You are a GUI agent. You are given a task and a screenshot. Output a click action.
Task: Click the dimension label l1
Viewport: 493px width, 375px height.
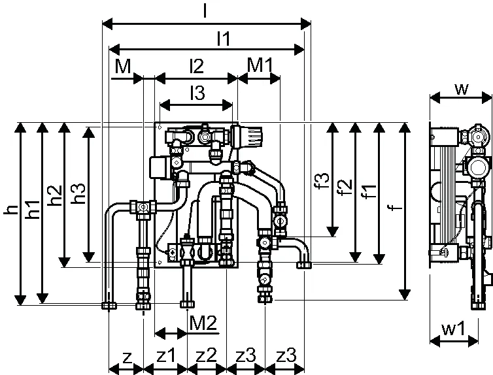coord(224,39)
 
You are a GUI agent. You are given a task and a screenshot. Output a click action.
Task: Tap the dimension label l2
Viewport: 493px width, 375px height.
coord(197,66)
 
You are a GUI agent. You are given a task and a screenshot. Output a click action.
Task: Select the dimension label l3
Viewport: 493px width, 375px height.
coord(197,93)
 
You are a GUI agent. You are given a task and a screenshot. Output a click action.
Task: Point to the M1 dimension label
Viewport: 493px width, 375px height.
coord(260,65)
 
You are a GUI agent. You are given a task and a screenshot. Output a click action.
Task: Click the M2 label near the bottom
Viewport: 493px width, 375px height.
coord(203,323)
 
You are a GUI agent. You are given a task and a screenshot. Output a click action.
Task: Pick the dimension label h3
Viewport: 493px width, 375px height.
coord(78,193)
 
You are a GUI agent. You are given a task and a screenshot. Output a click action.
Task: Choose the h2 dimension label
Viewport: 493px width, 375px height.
coord(55,195)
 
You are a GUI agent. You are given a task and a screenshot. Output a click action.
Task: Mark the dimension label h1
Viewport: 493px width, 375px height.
coord(33,209)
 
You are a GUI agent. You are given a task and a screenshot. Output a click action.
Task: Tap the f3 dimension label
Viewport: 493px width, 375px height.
coord(322,180)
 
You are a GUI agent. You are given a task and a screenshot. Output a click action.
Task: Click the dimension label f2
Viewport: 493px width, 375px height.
coord(345,187)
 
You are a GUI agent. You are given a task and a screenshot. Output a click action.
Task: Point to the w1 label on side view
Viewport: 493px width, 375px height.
coord(453,329)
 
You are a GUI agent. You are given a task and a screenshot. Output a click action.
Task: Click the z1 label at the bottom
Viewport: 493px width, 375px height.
coord(165,355)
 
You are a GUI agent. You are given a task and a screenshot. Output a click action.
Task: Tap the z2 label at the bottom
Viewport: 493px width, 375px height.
coord(206,355)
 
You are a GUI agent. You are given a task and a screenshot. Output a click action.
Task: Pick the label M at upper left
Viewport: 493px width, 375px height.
coord(123,66)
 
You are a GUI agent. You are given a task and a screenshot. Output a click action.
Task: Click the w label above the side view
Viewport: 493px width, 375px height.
coord(462,90)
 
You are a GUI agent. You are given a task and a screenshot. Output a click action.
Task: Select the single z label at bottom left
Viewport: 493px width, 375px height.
coord(127,357)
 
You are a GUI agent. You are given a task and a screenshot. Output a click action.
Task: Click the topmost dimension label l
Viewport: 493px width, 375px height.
coord(205,10)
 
